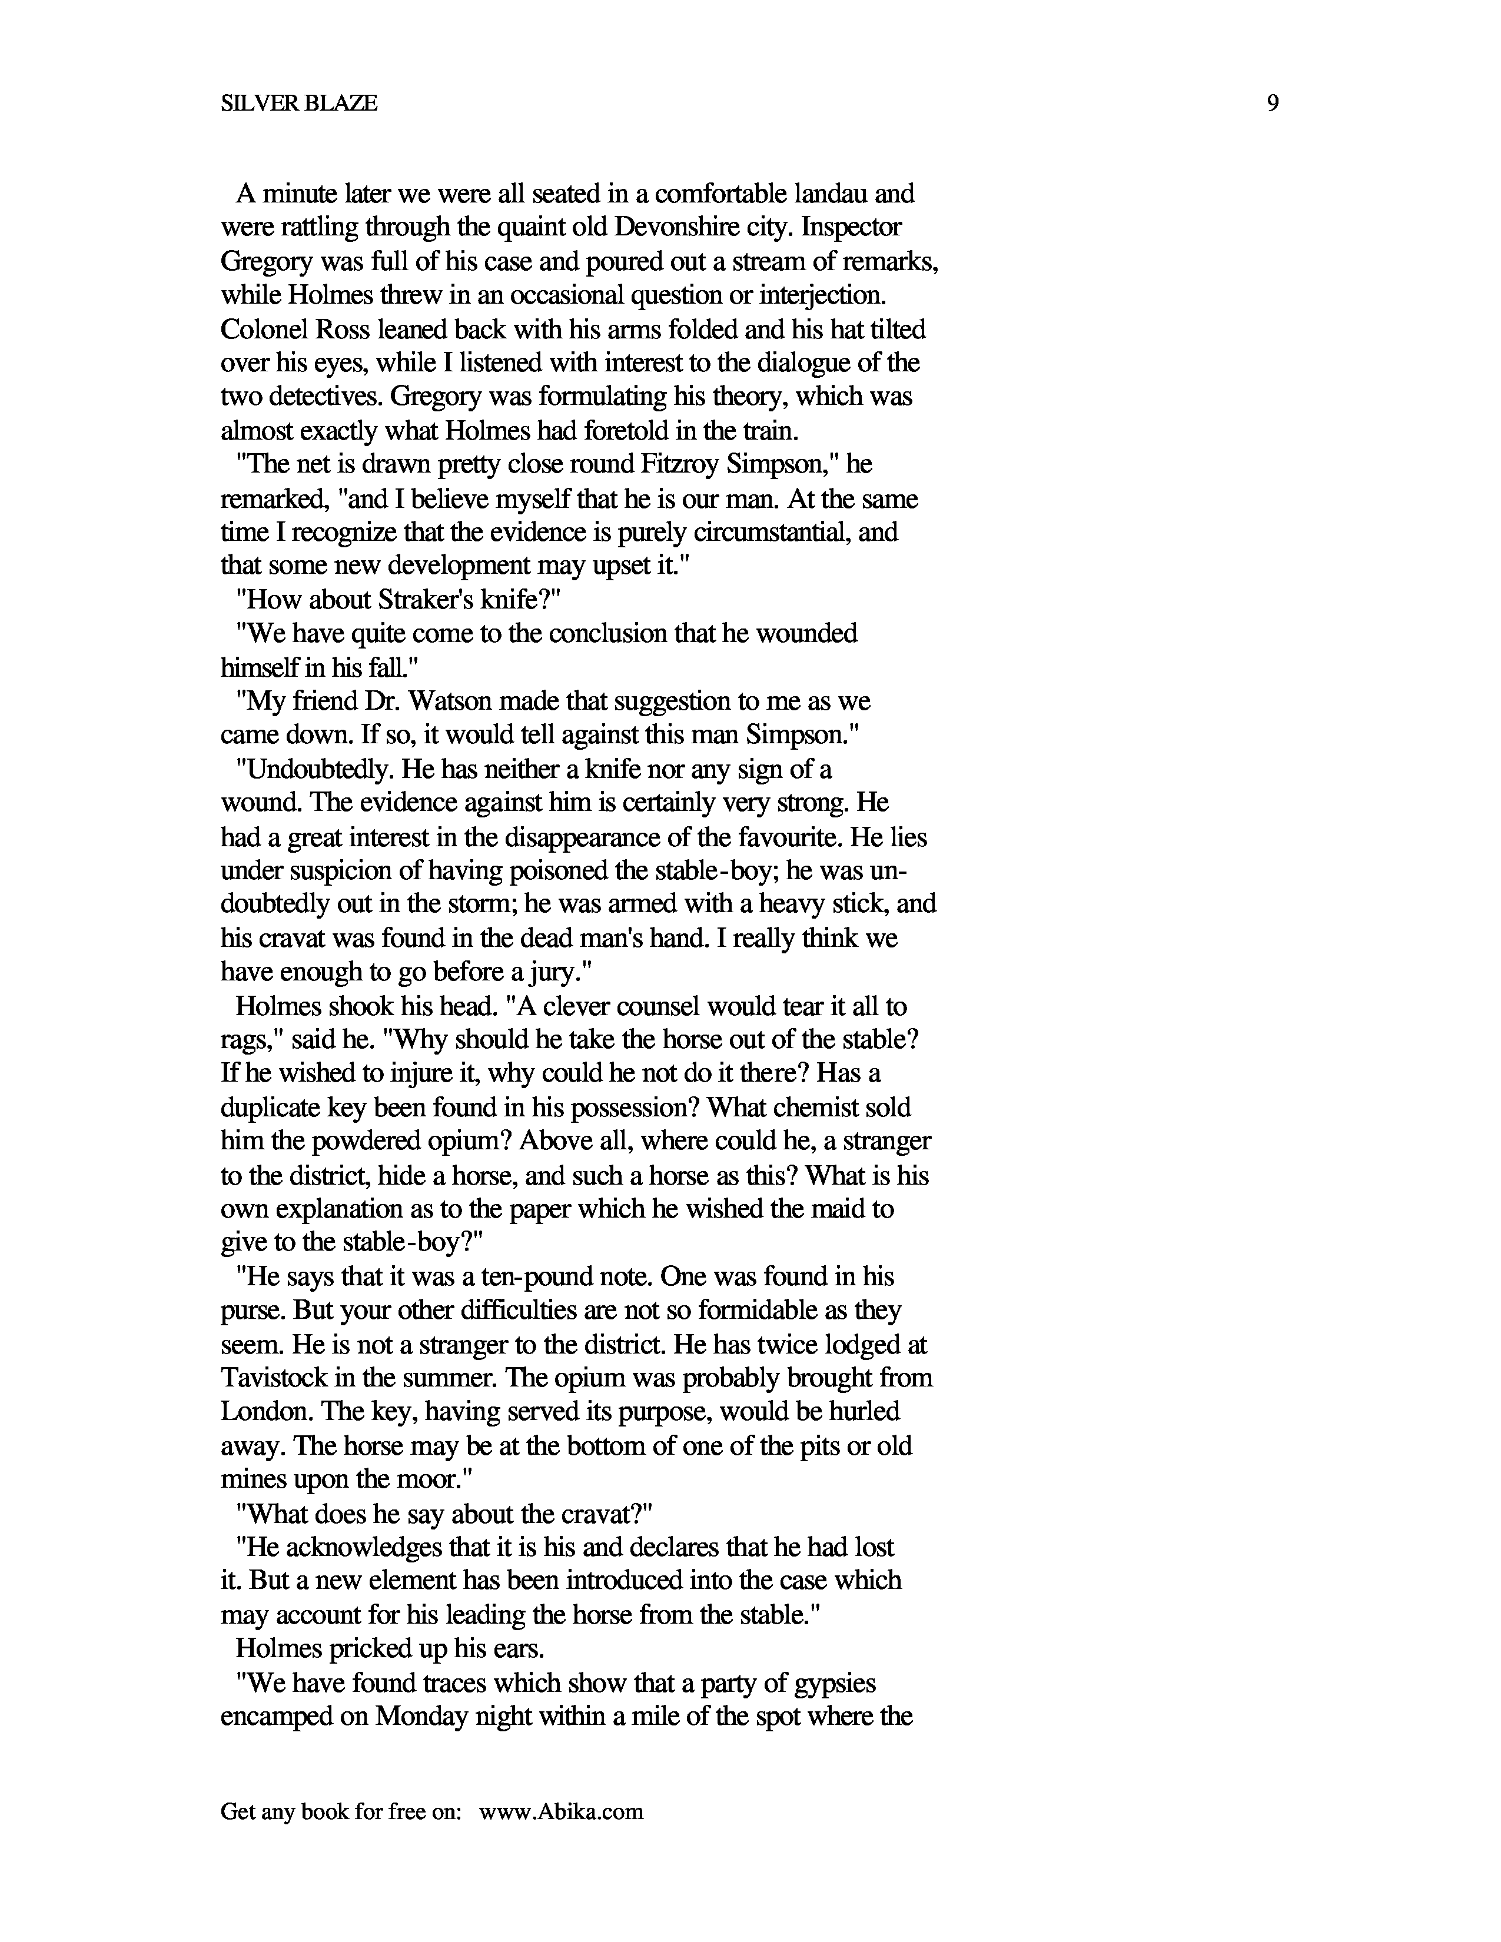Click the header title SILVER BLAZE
coord(299,104)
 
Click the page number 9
coord(1273,104)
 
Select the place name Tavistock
coord(275,1378)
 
